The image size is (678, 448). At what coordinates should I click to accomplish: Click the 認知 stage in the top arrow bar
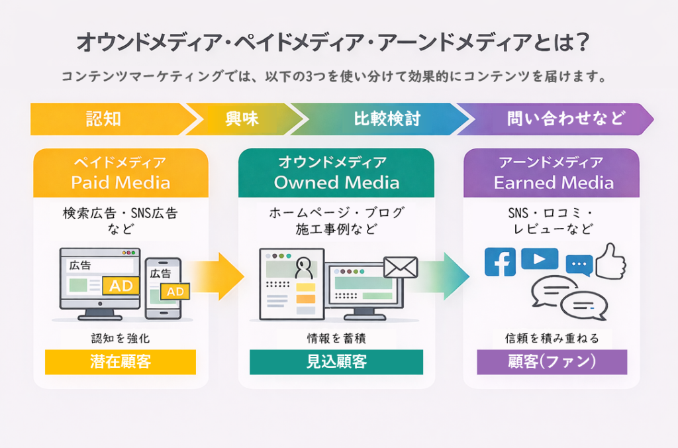104,119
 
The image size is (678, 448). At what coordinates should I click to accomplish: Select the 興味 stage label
242,119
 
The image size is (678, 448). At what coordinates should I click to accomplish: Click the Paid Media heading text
121,182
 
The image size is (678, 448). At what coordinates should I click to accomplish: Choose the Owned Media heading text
336,182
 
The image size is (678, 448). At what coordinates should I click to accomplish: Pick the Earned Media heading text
554,182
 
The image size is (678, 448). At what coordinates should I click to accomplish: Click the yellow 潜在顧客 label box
121,362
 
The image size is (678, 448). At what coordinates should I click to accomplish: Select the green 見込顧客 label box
336,362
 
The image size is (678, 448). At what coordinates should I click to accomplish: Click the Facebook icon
501,262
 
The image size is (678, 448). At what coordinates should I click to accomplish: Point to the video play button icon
539,258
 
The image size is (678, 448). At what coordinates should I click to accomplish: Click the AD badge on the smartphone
175,292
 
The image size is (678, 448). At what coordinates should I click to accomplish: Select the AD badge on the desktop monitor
121,286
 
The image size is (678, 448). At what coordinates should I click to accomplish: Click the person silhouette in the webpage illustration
304,268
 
